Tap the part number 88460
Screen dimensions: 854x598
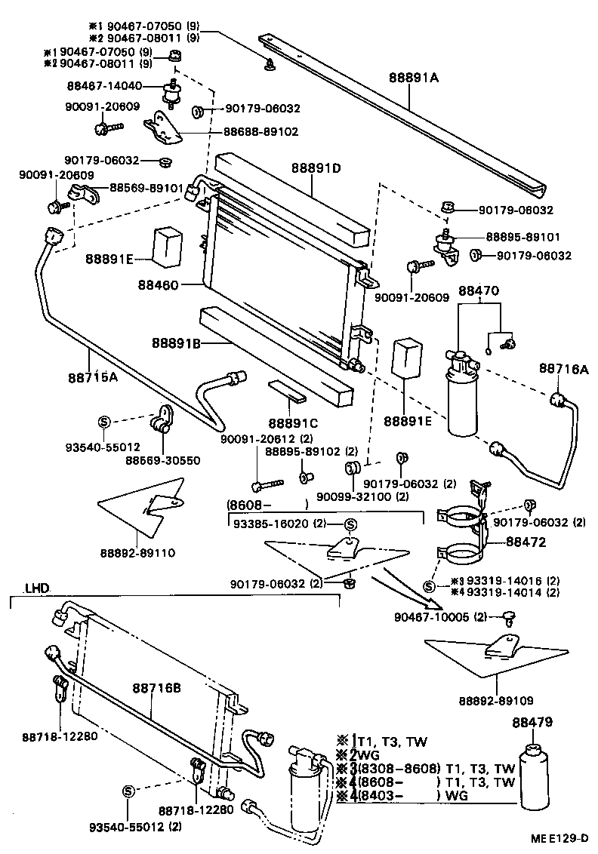point(159,284)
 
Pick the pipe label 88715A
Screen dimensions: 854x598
point(91,377)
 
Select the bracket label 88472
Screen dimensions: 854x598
point(526,541)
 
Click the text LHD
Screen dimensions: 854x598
point(35,588)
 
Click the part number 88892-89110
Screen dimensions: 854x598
point(137,553)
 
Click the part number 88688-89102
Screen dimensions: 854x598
point(260,131)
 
